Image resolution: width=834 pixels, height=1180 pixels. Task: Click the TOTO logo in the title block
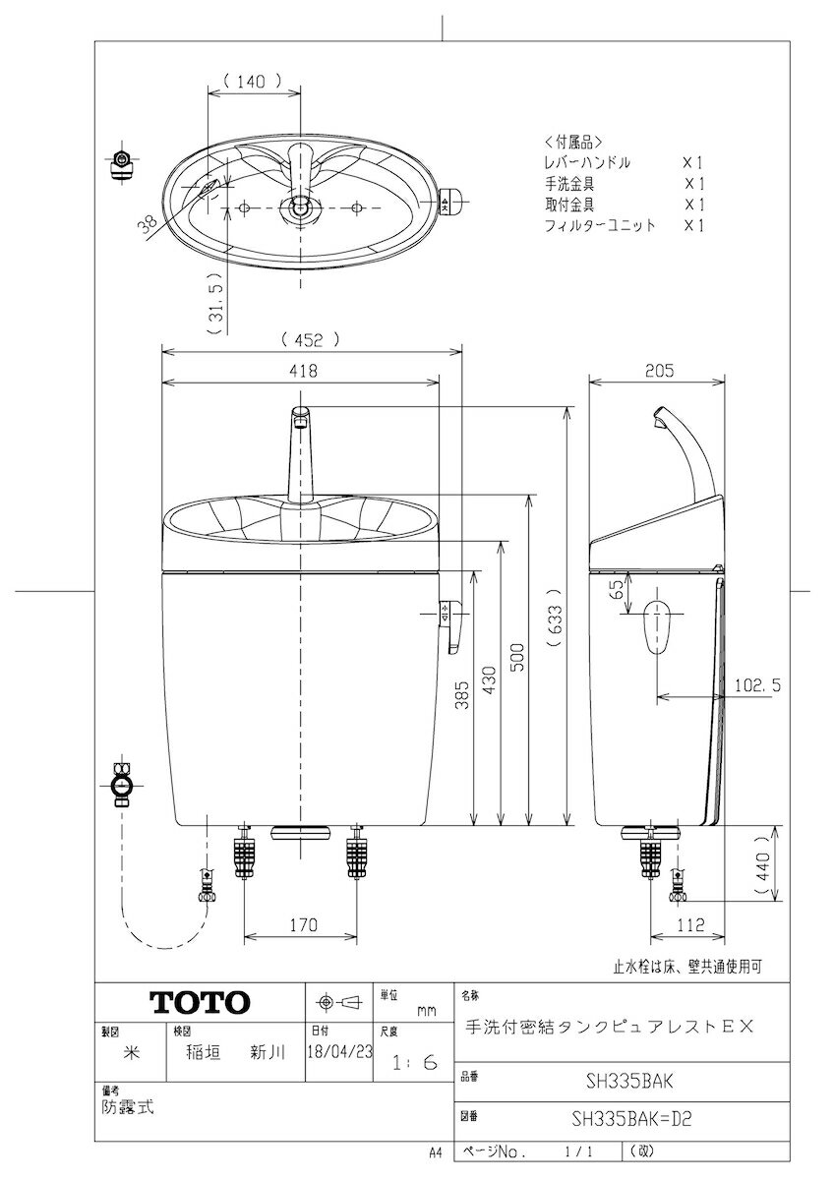pyautogui.click(x=199, y=1002)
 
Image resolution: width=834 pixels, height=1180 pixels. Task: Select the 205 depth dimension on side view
pyautogui.click(x=658, y=371)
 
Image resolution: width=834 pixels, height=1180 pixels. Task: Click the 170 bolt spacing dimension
pyautogui.click(x=303, y=925)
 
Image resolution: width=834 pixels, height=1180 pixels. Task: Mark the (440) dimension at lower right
pyautogui.click(x=763, y=865)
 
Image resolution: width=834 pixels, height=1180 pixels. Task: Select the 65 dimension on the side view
pyautogui.click(x=615, y=590)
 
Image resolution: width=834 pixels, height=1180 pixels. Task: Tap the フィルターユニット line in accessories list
pyautogui.click(x=599, y=225)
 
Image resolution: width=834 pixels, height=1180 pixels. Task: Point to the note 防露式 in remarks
pyautogui.click(x=127, y=1105)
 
